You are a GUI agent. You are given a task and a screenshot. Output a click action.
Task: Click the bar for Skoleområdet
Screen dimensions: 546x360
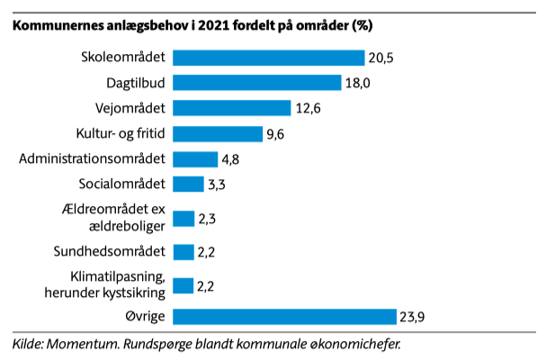pos(268,58)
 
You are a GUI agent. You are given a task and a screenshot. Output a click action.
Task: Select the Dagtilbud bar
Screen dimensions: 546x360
pos(257,83)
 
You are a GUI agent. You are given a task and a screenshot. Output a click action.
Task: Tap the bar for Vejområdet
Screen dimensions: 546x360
pos(232,108)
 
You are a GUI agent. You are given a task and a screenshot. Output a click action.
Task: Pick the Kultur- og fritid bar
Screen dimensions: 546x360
pos(218,134)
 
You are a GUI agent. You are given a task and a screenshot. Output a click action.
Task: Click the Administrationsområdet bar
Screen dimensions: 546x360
pos(195,159)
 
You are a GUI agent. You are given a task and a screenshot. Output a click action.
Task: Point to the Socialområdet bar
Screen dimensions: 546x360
pos(188,184)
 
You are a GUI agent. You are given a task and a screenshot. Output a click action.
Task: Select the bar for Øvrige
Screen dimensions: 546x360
pos(284,317)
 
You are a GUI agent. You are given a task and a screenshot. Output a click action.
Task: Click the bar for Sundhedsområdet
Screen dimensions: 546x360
pos(183,252)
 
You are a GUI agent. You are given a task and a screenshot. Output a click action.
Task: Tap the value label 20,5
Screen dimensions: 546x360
pos(381,58)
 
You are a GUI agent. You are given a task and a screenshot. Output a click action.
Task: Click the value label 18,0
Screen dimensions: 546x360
pos(358,84)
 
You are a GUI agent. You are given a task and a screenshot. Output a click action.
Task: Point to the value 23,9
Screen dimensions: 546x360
pos(412,317)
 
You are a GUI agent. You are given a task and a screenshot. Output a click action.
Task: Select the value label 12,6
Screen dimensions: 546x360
pos(309,108)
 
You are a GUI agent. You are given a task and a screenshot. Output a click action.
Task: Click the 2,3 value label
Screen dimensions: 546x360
pos(207,219)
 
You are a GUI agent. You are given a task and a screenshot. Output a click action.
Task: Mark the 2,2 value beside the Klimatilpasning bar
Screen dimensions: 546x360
pos(205,286)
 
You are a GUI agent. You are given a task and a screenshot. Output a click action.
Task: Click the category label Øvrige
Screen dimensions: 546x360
pos(145,317)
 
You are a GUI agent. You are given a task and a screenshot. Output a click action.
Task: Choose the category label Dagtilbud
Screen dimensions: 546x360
pos(136,83)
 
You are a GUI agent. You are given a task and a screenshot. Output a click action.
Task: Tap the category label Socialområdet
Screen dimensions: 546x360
pos(121,184)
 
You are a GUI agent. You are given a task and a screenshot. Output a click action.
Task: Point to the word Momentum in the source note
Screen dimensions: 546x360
pos(83,344)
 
